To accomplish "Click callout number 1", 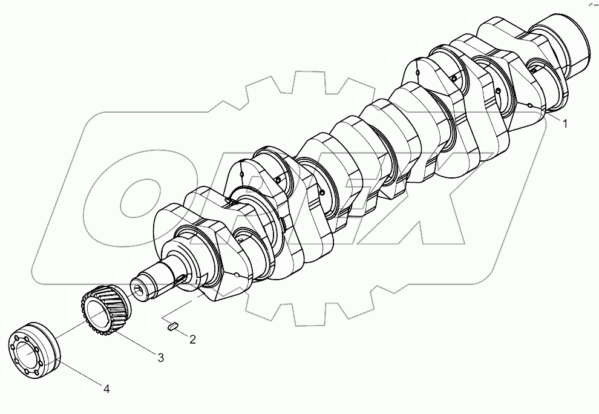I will tap(565, 124).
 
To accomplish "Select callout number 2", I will tap(192, 340).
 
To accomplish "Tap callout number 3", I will tap(161, 358).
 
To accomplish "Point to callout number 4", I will tap(106, 389).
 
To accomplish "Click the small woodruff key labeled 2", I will tap(172, 326).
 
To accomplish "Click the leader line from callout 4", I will tap(79, 372).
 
